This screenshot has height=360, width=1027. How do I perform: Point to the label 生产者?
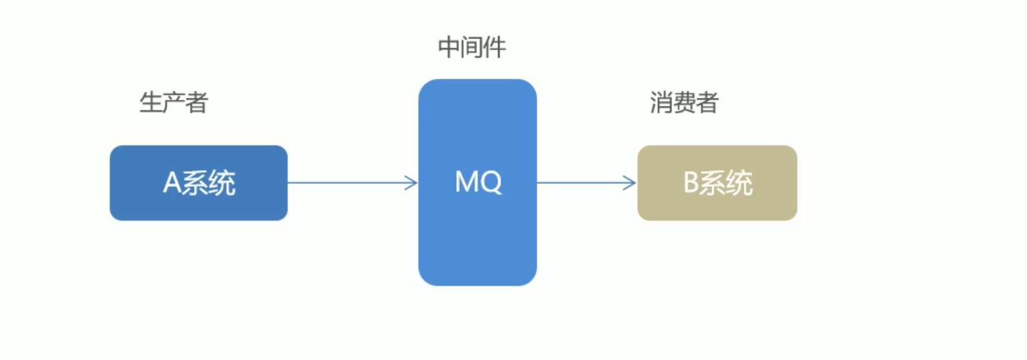click(x=173, y=103)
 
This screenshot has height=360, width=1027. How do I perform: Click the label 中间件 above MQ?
click(x=472, y=47)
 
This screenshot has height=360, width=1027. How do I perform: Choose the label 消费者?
click(x=683, y=103)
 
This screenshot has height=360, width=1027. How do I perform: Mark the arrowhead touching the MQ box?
click(x=412, y=183)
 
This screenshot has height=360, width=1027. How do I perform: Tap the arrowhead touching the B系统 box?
click(x=630, y=183)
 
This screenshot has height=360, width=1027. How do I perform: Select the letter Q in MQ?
click(x=492, y=182)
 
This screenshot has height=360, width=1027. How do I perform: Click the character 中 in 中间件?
click(x=449, y=47)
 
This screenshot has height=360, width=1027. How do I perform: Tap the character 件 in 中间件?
click(x=495, y=47)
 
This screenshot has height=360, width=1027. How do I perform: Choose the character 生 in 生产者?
click(x=151, y=103)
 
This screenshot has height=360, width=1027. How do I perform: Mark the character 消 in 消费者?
click(x=661, y=103)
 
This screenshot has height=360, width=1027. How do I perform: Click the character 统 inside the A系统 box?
click(x=222, y=183)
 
